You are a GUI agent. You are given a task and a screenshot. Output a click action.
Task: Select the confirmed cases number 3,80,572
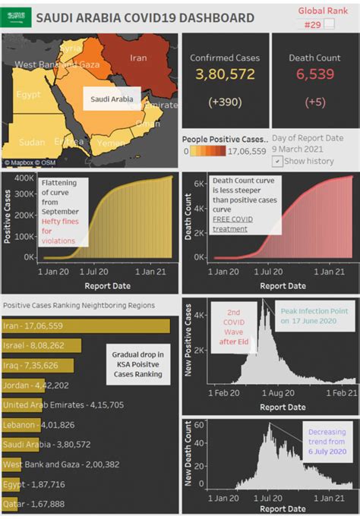(x=225, y=74)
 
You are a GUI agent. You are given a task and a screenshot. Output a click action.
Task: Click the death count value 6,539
(x=316, y=74)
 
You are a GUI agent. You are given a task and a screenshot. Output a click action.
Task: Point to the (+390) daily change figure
(x=225, y=102)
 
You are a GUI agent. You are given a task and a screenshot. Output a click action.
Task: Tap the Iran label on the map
(x=138, y=58)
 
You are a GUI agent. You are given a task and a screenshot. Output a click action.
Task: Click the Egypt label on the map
(x=28, y=95)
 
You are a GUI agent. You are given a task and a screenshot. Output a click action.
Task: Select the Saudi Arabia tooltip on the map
(x=112, y=99)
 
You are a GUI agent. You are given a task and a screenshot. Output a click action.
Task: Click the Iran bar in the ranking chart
(x=85, y=326)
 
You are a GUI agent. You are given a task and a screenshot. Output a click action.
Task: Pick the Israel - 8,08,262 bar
(x=46, y=345)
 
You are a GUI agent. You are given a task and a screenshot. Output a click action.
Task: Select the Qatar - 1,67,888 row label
(x=33, y=503)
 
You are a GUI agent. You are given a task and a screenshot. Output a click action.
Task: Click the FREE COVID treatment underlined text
(x=233, y=224)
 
